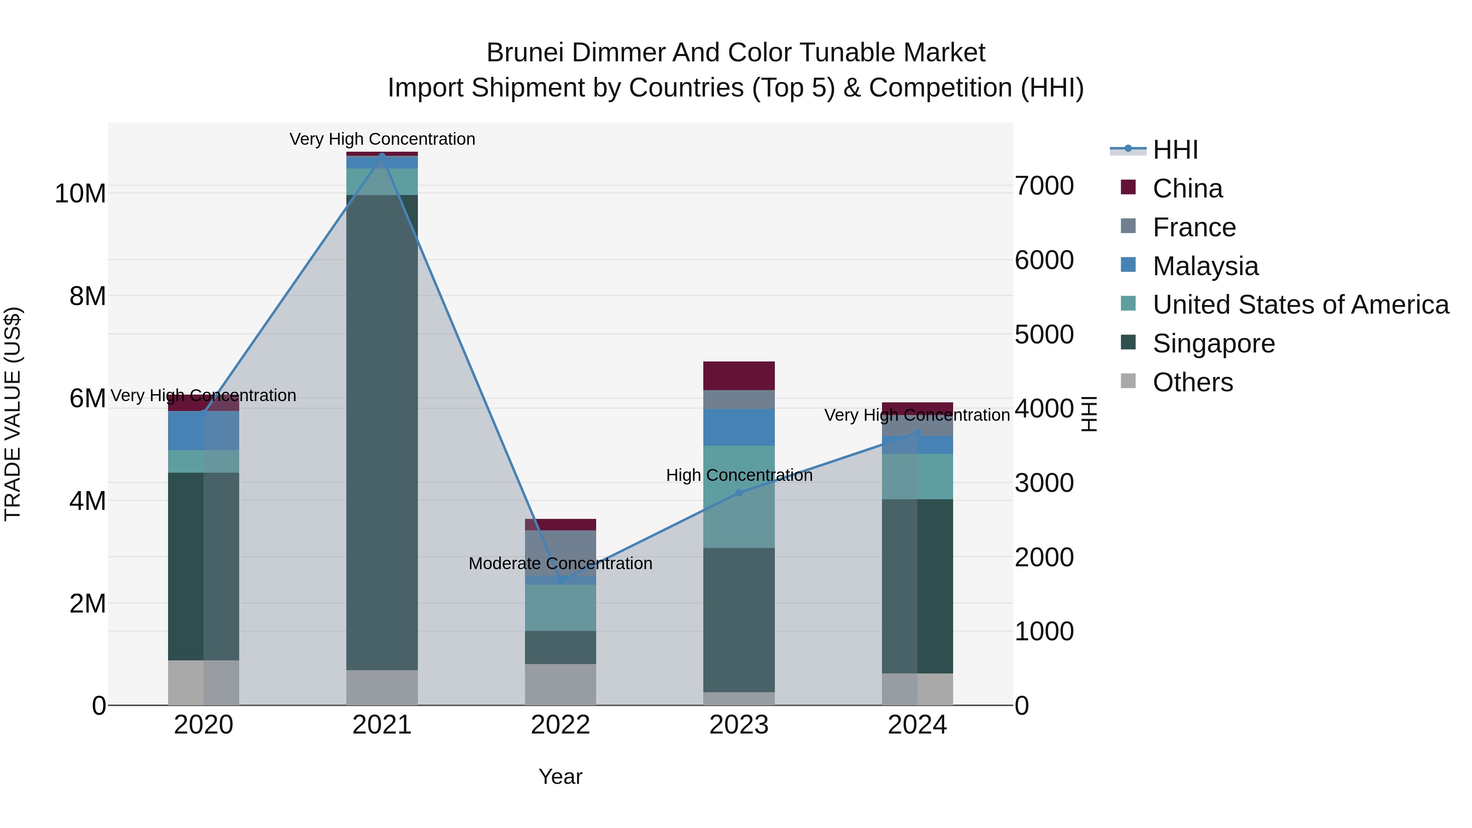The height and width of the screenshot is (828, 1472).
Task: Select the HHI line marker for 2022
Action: [x=561, y=581]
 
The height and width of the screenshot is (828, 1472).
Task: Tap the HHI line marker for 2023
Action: [x=739, y=493]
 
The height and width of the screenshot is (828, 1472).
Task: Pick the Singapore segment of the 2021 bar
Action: [x=382, y=432]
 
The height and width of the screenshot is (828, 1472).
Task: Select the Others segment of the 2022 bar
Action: [x=561, y=684]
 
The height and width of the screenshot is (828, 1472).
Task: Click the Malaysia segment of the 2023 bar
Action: [x=739, y=427]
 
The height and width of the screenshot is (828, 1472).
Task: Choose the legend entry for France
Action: [x=1194, y=227]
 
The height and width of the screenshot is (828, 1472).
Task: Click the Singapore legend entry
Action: [x=1213, y=343]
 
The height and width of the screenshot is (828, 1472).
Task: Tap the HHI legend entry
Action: [x=1175, y=150]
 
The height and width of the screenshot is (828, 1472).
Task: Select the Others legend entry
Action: [x=1193, y=382]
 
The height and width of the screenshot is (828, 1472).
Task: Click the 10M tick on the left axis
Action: [x=80, y=194]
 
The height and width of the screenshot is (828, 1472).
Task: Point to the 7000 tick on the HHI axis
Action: [x=1044, y=186]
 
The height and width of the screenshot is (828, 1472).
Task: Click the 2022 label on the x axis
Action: [x=561, y=725]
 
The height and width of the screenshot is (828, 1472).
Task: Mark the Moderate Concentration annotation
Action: [x=561, y=563]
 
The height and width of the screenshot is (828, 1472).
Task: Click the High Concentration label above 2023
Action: [x=739, y=475]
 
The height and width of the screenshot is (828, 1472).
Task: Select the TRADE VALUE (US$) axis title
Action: [x=13, y=414]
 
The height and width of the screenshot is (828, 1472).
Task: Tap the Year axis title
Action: [x=561, y=776]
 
